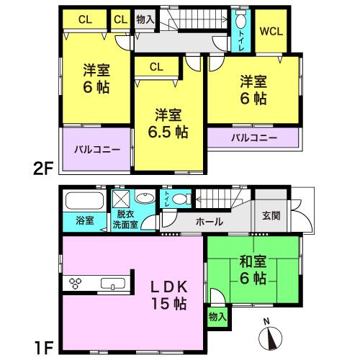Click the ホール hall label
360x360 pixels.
pyautogui.click(x=209, y=222)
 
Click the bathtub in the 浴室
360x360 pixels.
pyautogui.click(x=84, y=199)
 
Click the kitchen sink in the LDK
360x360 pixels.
pyautogui.click(x=114, y=282)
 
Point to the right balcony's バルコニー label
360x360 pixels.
pyautogui.click(x=253, y=137)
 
